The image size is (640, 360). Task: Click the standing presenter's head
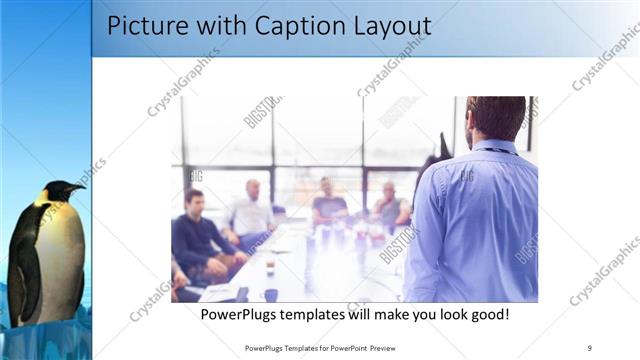point(496,117)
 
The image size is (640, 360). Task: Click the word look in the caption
point(445,314)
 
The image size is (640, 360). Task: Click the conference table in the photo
point(300,265)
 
